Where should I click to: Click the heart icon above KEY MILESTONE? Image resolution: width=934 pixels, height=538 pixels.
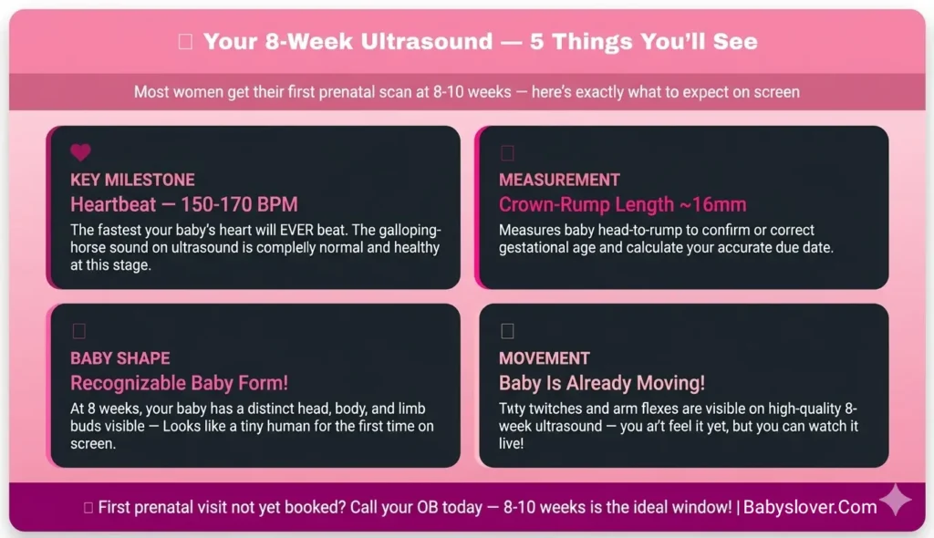coord(81,152)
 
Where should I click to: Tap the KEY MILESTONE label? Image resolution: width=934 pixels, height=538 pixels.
coord(132,180)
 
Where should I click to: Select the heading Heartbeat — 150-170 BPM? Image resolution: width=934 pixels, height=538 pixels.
coord(184,204)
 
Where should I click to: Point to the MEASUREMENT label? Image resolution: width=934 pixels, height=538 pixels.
coord(559,180)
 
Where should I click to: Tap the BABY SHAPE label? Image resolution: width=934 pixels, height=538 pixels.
coord(120,358)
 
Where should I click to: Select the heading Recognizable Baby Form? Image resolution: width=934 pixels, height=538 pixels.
coord(180,383)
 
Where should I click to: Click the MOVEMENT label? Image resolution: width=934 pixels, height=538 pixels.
coord(545,358)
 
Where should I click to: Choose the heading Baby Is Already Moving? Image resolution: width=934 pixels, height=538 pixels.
coord(602,383)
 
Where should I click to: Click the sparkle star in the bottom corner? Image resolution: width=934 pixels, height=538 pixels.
coord(895,501)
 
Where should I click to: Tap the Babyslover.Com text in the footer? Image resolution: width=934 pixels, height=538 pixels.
coord(810,507)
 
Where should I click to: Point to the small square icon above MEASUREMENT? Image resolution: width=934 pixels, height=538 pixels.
coord(508,152)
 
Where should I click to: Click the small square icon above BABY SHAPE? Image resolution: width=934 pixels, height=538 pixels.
coord(79,331)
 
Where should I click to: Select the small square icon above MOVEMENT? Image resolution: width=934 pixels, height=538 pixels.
coord(508,331)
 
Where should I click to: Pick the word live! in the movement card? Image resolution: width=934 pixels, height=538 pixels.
coord(511,443)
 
